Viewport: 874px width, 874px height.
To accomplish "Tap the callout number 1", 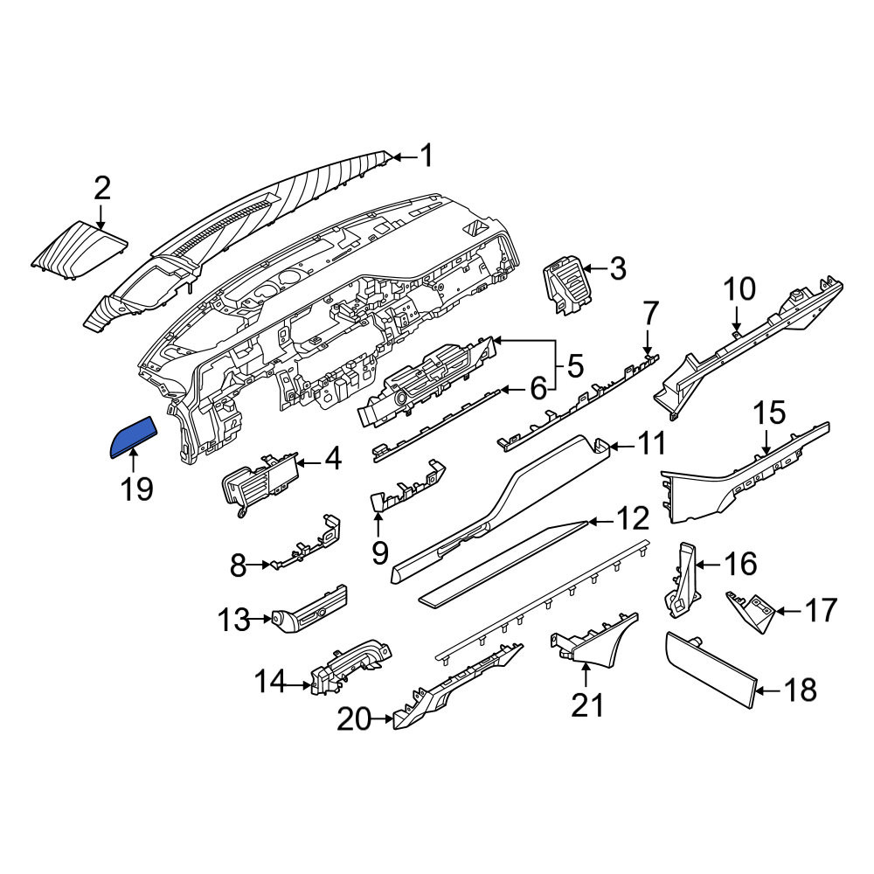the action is click(x=427, y=156).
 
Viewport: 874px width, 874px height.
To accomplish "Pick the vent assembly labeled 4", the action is click(x=260, y=482).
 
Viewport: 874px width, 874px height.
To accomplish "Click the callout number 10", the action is click(x=739, y=288).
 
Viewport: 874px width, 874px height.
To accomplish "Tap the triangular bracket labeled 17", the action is click(x=750, y=611).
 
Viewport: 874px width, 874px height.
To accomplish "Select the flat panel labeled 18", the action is click(x=711, y=669).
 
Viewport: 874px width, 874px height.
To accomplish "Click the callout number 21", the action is click(x=587, y=705).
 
